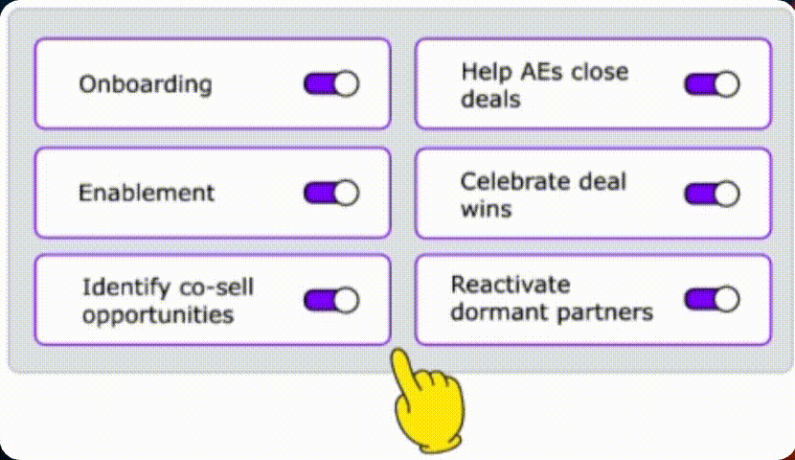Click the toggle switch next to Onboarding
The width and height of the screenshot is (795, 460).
click(331, 83)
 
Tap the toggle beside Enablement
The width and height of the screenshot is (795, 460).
click(331, 193)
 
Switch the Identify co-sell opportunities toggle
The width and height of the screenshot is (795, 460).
click(331, 300)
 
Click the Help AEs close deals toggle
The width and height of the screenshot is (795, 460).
click(712, 83)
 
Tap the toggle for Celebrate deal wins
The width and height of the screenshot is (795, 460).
click(712, 193)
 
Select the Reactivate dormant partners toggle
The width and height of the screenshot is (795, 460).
click(712, 299)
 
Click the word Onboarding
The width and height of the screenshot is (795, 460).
click(145, 84)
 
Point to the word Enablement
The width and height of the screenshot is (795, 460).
click(147, 193)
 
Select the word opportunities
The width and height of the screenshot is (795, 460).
click(157, 314)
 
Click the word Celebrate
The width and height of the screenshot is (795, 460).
click(508, 181)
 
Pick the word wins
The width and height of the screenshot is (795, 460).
click(486, 208)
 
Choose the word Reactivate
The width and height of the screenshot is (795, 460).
click(511, 285)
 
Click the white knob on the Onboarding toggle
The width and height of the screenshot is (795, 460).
click(346, 83)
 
